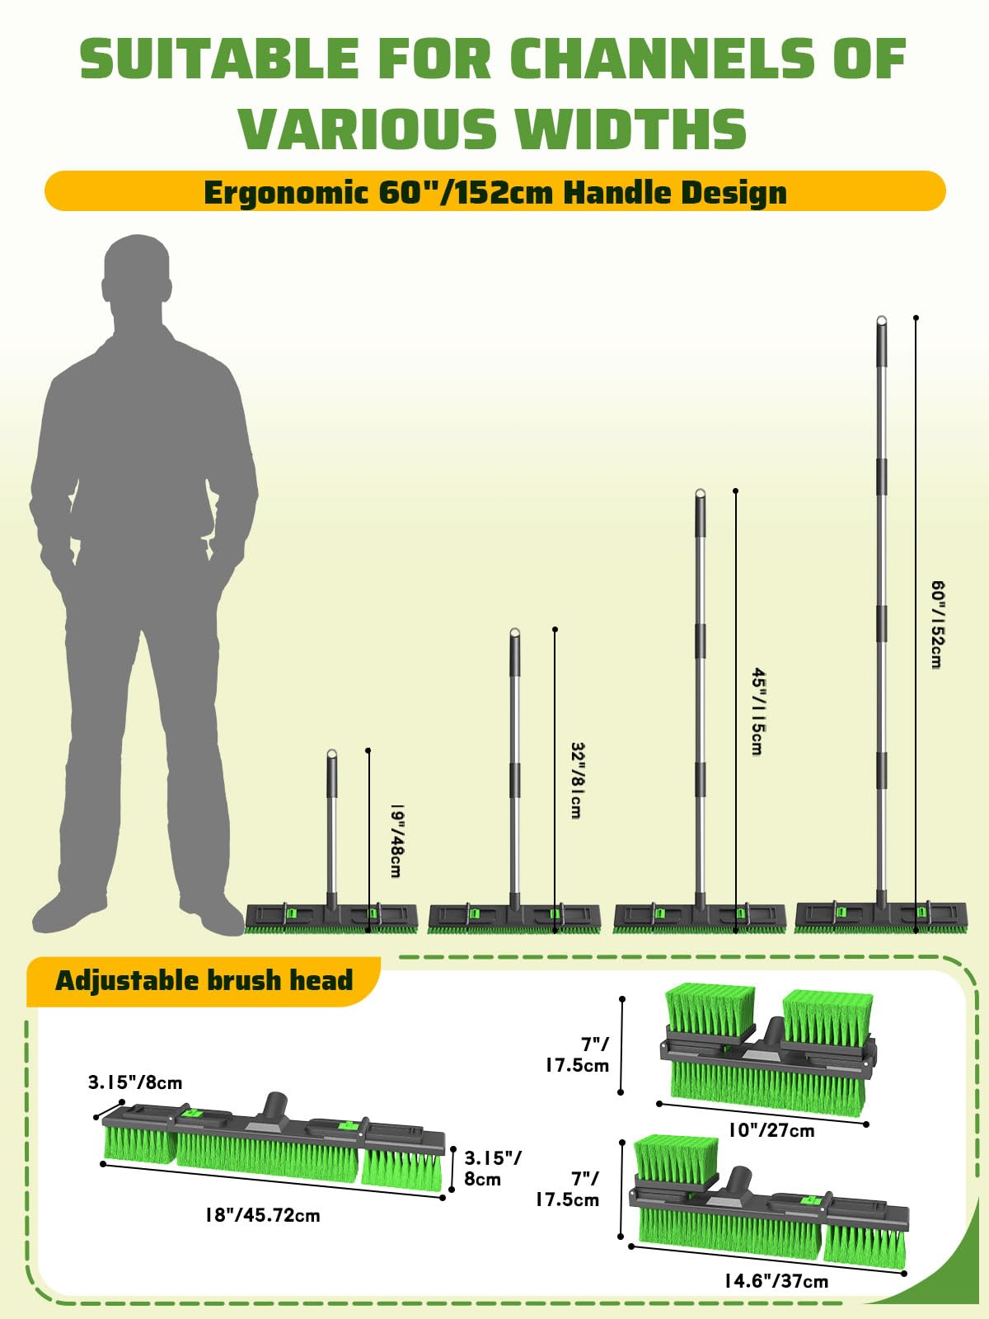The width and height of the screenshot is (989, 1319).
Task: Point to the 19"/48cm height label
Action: (x=396, y=842)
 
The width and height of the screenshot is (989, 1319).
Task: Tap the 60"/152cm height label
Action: (x=937, y=624)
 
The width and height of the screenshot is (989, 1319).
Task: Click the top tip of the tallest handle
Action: (x=881, y=320)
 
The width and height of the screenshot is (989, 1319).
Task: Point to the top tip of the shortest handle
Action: (x=331, y=753)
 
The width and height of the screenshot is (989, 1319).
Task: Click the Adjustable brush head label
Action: (x=204, y=980)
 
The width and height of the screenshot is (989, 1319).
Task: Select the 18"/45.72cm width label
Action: (x=262, y=1215)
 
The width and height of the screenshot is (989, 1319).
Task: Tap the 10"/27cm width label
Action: (x=771, y=1130)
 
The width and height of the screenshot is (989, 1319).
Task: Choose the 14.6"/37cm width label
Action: (x=776, y=1280)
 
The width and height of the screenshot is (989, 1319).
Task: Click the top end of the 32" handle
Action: (x=514, y=632)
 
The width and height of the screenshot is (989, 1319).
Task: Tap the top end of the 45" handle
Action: (x=701, y=494)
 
